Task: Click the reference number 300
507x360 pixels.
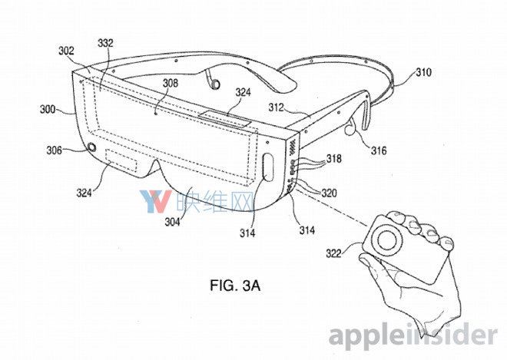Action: coord(48,110)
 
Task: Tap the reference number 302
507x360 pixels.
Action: coord(66,51)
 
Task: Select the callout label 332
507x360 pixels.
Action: coord(105,43)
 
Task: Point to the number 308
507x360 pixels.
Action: coord(170,83)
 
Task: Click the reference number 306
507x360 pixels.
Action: coord(54,150)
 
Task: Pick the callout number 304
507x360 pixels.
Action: coord(172,222)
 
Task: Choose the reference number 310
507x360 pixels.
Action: coord(423,72)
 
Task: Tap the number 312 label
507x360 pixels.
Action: coord(276,107)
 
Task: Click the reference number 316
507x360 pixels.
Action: coord(378,150)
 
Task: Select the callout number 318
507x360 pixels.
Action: coord(334,158)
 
